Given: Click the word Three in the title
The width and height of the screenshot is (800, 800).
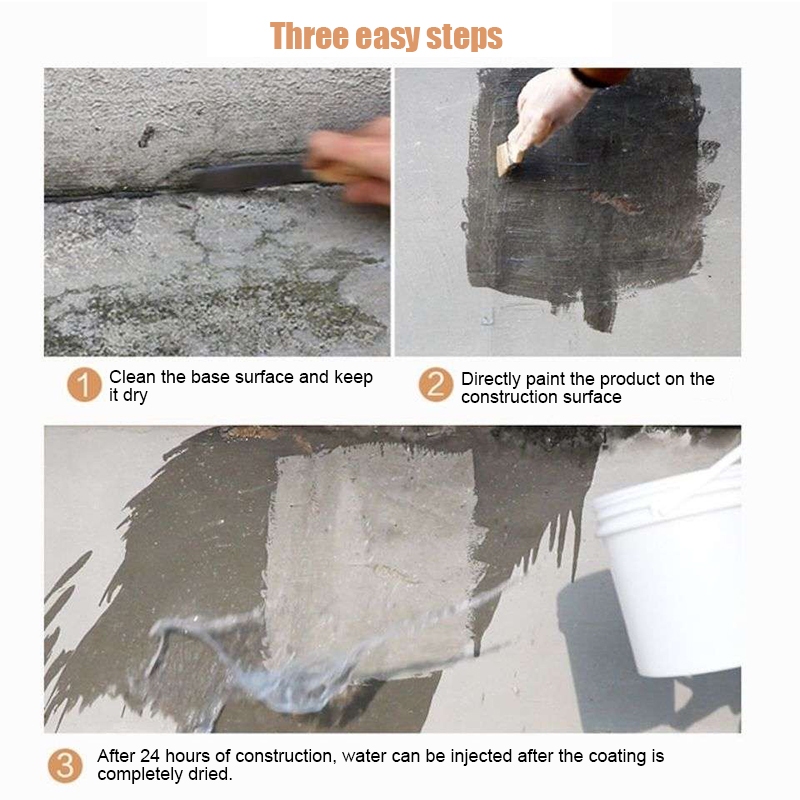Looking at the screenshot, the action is (310, 36).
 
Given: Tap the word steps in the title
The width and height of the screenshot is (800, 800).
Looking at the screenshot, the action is (464, 37).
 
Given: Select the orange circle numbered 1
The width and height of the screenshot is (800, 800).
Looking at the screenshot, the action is (84, 385).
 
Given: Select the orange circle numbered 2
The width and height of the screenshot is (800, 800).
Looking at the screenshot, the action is (436, 385).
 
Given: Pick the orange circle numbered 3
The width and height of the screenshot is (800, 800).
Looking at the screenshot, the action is (65, 766).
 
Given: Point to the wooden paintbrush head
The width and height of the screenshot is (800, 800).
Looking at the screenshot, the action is (509, 158).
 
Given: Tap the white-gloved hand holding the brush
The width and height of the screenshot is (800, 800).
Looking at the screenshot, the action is (548, 108).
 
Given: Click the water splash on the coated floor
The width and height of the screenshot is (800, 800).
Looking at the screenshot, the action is (286, 658).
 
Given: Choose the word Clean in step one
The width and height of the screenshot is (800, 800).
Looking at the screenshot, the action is (132, 377).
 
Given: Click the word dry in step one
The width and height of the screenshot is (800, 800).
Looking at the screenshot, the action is (135, 396).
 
